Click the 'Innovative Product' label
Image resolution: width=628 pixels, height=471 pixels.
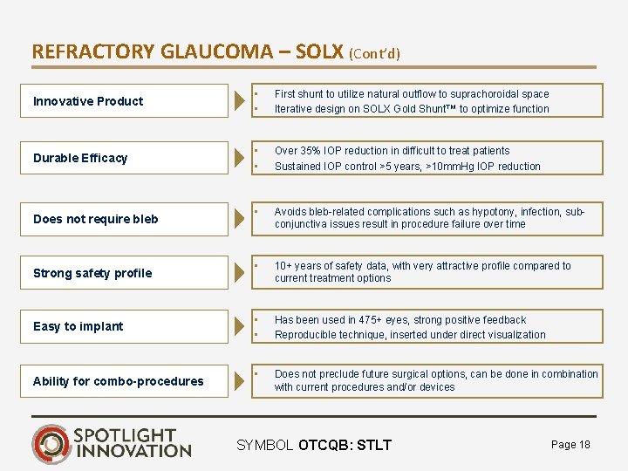pyautogui.click(x=87, y=101)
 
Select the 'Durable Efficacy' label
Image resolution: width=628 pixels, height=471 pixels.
pyautogui.click(x=80, y=158)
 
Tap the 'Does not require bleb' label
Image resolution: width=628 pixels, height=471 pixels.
pyautogui.click(x=96, y=219)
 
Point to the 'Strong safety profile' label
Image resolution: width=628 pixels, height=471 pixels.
pyautogui.click(x=92, y=273)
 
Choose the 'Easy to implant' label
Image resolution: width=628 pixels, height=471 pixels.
pyautogui.click(x=78, y=326)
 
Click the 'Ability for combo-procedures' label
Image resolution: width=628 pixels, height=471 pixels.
pyautogui.click(x=118, y=381)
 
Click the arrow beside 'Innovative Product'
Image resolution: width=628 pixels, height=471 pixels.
pyautogui.click(x=240, y=101)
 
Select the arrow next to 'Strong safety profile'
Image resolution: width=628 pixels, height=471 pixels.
pyautogui.click(x=240, y=273)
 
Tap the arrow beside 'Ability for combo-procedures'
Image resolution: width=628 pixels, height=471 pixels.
pyautogui.click(x=240, y=381)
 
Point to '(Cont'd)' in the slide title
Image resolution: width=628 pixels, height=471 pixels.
pyautogui.click(x=374, y=53)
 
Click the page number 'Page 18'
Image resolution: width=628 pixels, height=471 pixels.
pyautogui.click(x=570, y=445)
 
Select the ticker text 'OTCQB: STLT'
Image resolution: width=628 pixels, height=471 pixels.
pyautogui.click(x=345, y=446)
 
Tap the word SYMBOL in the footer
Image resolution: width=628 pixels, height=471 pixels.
pyautogui.click(x=265, y=446)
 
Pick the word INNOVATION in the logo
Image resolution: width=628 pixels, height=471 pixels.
pyautogui.click(x=133, y=451)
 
